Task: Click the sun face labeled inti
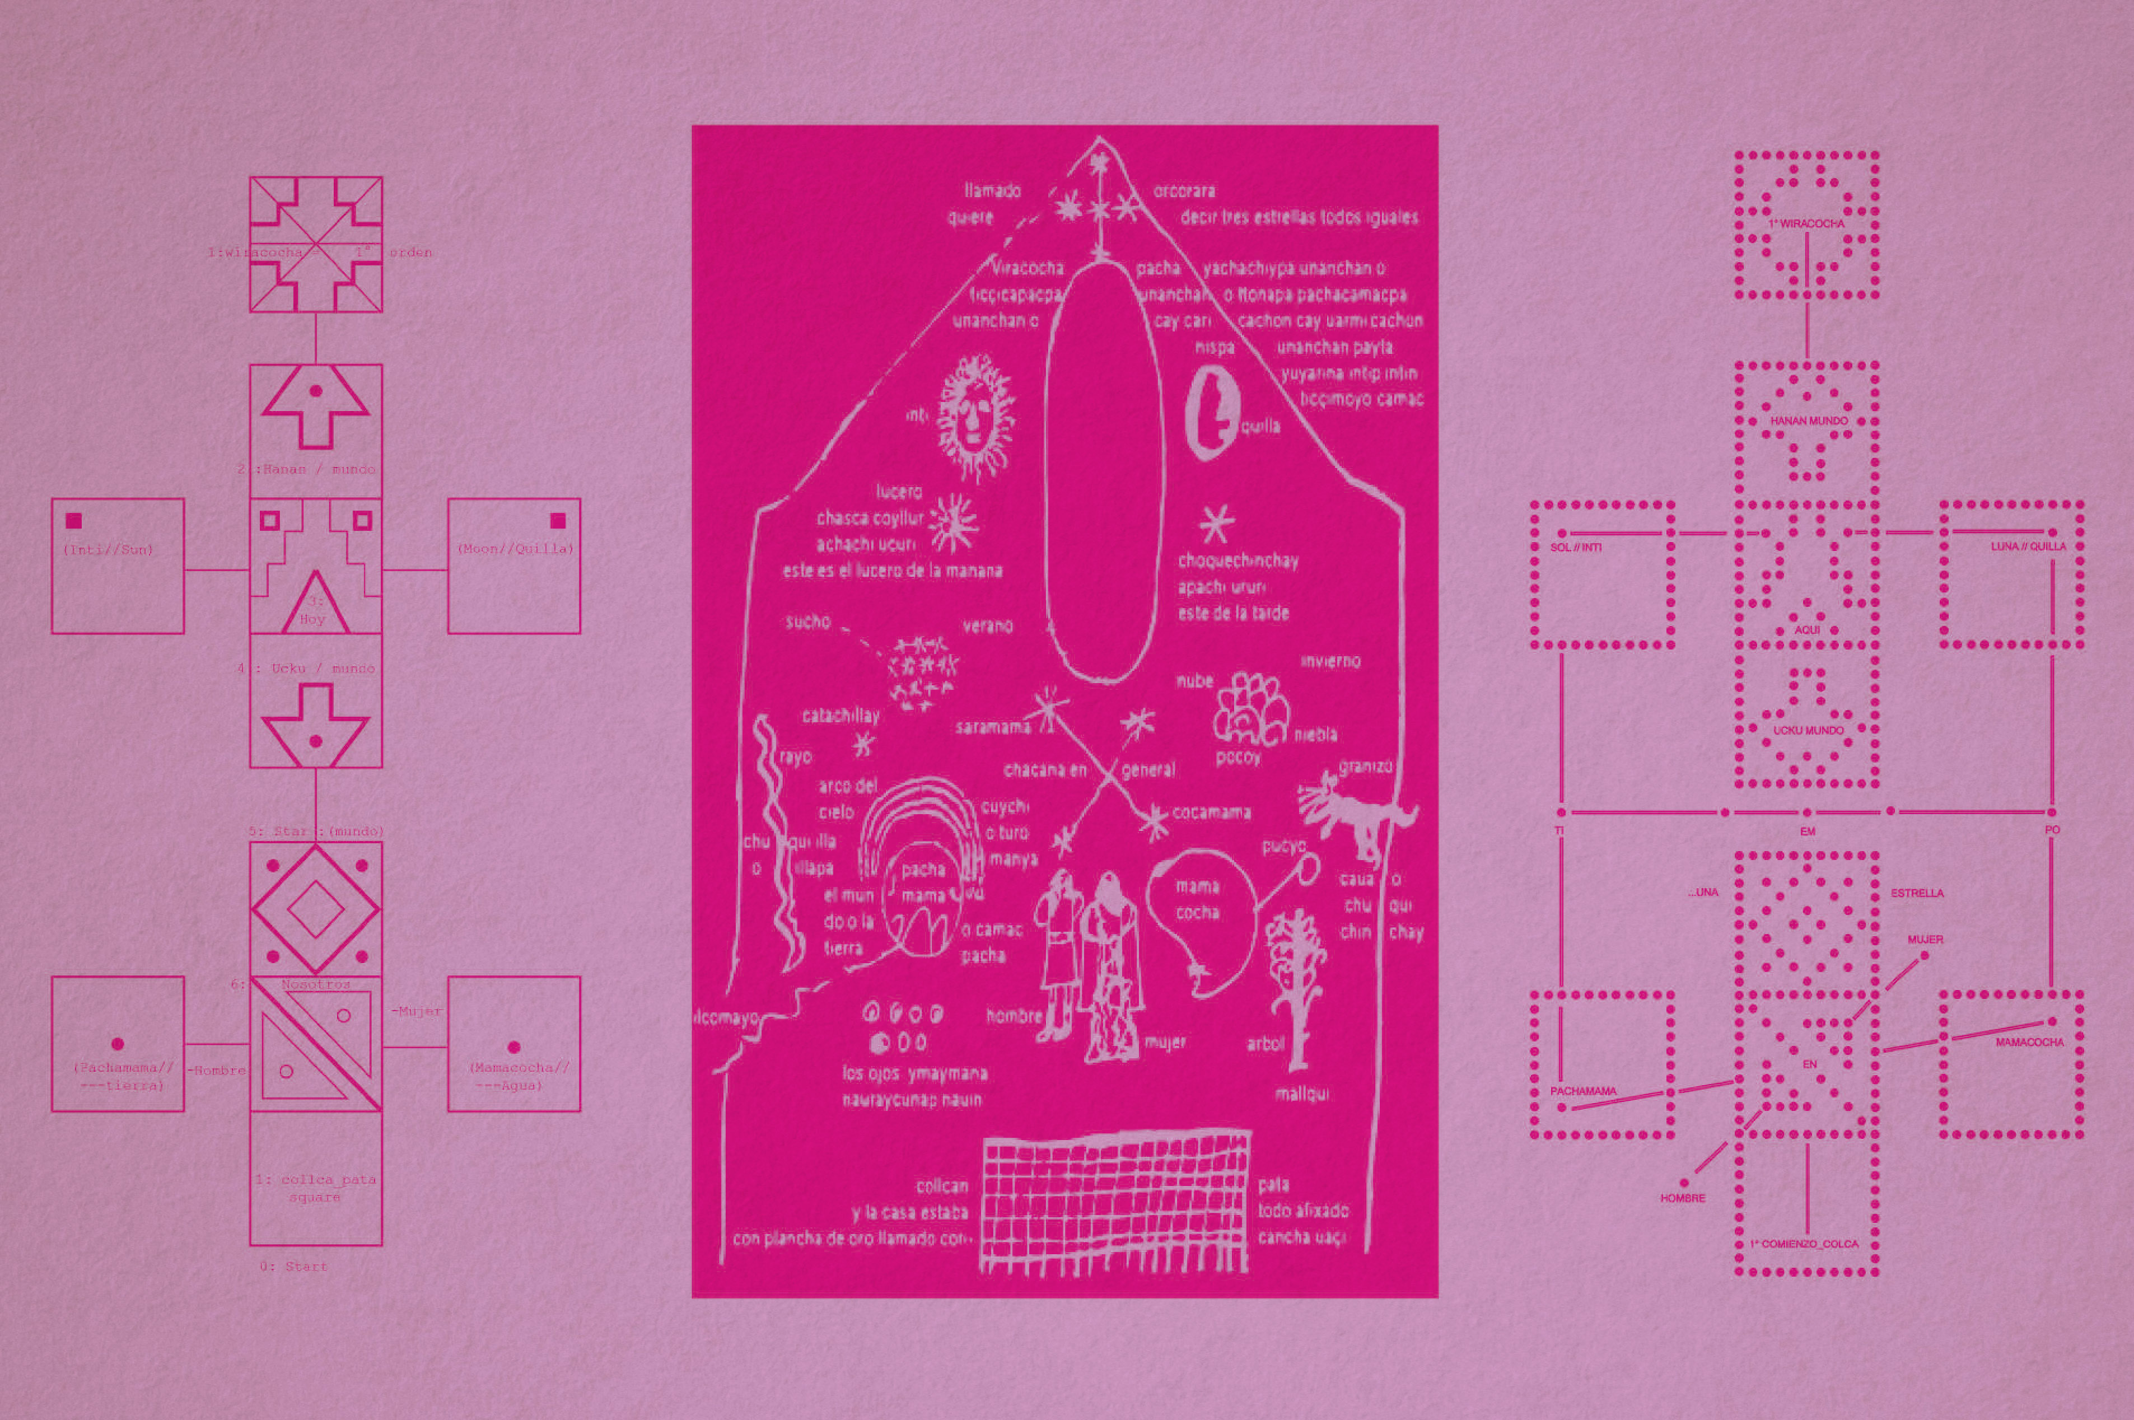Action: [x=974, y=418]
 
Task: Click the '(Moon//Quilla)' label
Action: [x=514, y=549]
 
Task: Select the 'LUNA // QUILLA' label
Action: [x=2028, y=547]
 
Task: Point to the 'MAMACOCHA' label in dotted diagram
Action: [x=2030, y=1043]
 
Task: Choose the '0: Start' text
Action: [x=293, y=1266]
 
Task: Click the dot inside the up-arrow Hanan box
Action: [x=315, y=391]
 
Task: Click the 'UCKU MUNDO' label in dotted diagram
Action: [x=1808, y=731]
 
